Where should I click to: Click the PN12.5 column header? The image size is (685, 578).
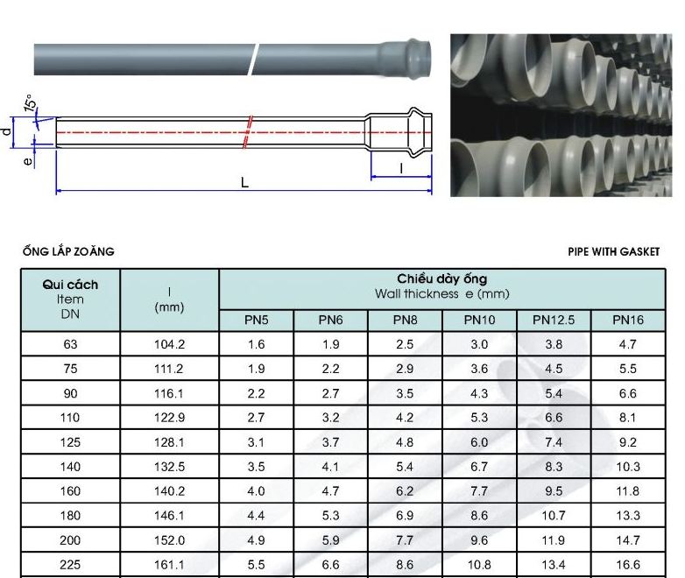tap(553, 321)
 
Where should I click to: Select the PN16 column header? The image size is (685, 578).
tap(628, 321)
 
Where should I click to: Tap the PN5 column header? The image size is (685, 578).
tap(256, 321)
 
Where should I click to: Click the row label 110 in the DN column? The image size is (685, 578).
tap(70, 418)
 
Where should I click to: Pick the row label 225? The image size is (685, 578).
tap(70, 565)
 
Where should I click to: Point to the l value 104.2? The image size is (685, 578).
tap(170, 345)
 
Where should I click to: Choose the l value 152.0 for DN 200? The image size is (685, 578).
tap(170, 540)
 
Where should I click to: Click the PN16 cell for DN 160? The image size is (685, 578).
tap(628, 491)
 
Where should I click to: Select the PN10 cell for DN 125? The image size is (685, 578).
tap(479, 442)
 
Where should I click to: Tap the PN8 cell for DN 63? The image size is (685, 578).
tap(405, 345)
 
